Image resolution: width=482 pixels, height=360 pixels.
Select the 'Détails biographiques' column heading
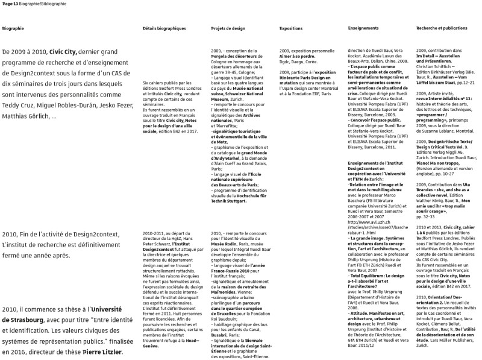click(x=164, y=28)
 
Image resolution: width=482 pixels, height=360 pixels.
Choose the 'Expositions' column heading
click(x=291, y=28)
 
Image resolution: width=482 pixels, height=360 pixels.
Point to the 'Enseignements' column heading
click(x=363, y=28)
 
